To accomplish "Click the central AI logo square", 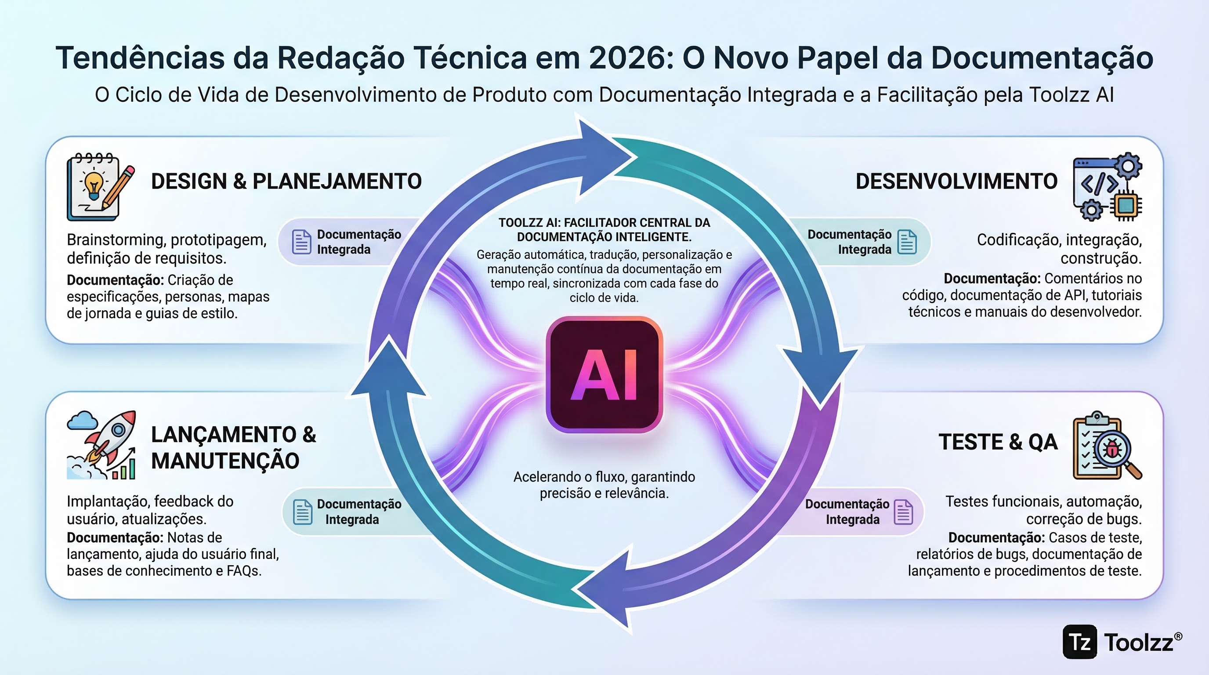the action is (x=604, y=374).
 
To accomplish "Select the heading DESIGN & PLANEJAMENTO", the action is (x=286, y=181).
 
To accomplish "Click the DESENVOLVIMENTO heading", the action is (x=956, y=181).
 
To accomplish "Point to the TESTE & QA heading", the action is (x=998, y=442).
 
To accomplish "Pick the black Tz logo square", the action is (x=1079, y=642).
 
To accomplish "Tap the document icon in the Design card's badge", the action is (x=302, y=242).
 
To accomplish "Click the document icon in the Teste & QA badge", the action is (x=904, y=512).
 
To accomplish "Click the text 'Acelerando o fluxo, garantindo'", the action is (x=604, y=477).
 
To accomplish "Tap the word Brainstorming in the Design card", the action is (x=115, y=240).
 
